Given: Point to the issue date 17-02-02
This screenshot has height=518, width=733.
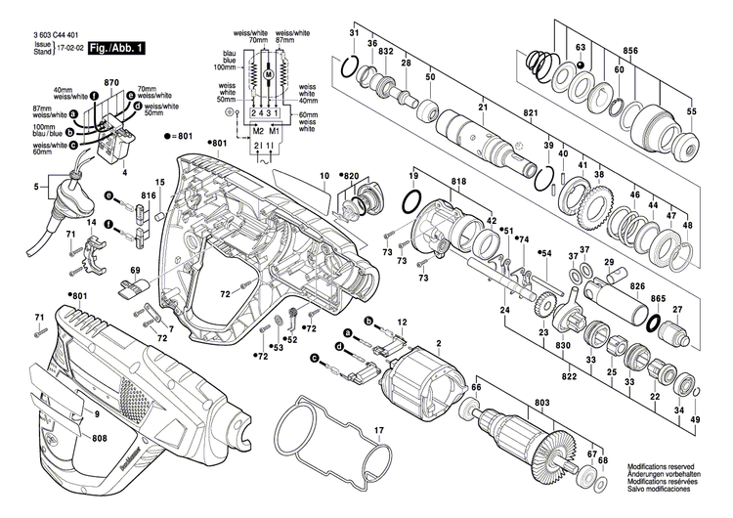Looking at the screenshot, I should [67, 45].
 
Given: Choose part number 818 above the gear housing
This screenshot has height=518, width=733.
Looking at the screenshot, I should [457, 182].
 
